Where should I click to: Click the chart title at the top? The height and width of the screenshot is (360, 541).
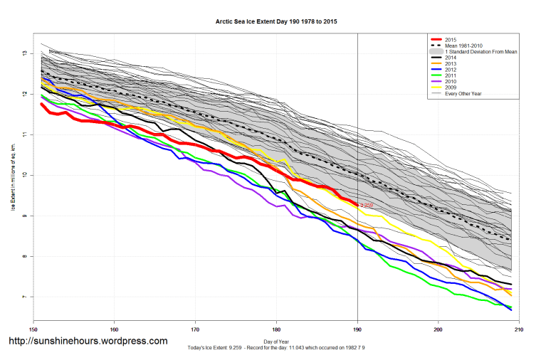click(x=276, y=22)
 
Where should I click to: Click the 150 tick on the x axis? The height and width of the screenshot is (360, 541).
click(x=33, y=329)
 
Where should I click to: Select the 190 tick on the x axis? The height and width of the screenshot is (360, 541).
click(x=357, y=329)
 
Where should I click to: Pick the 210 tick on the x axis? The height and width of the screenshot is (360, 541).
click(x=519, y=329)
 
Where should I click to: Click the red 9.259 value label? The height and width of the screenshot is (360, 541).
click(x=367, y=205)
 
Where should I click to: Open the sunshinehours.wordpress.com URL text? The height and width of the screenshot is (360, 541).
click(x=88, y=342)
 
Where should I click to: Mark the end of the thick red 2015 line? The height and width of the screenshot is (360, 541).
click(x=357, y=204)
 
